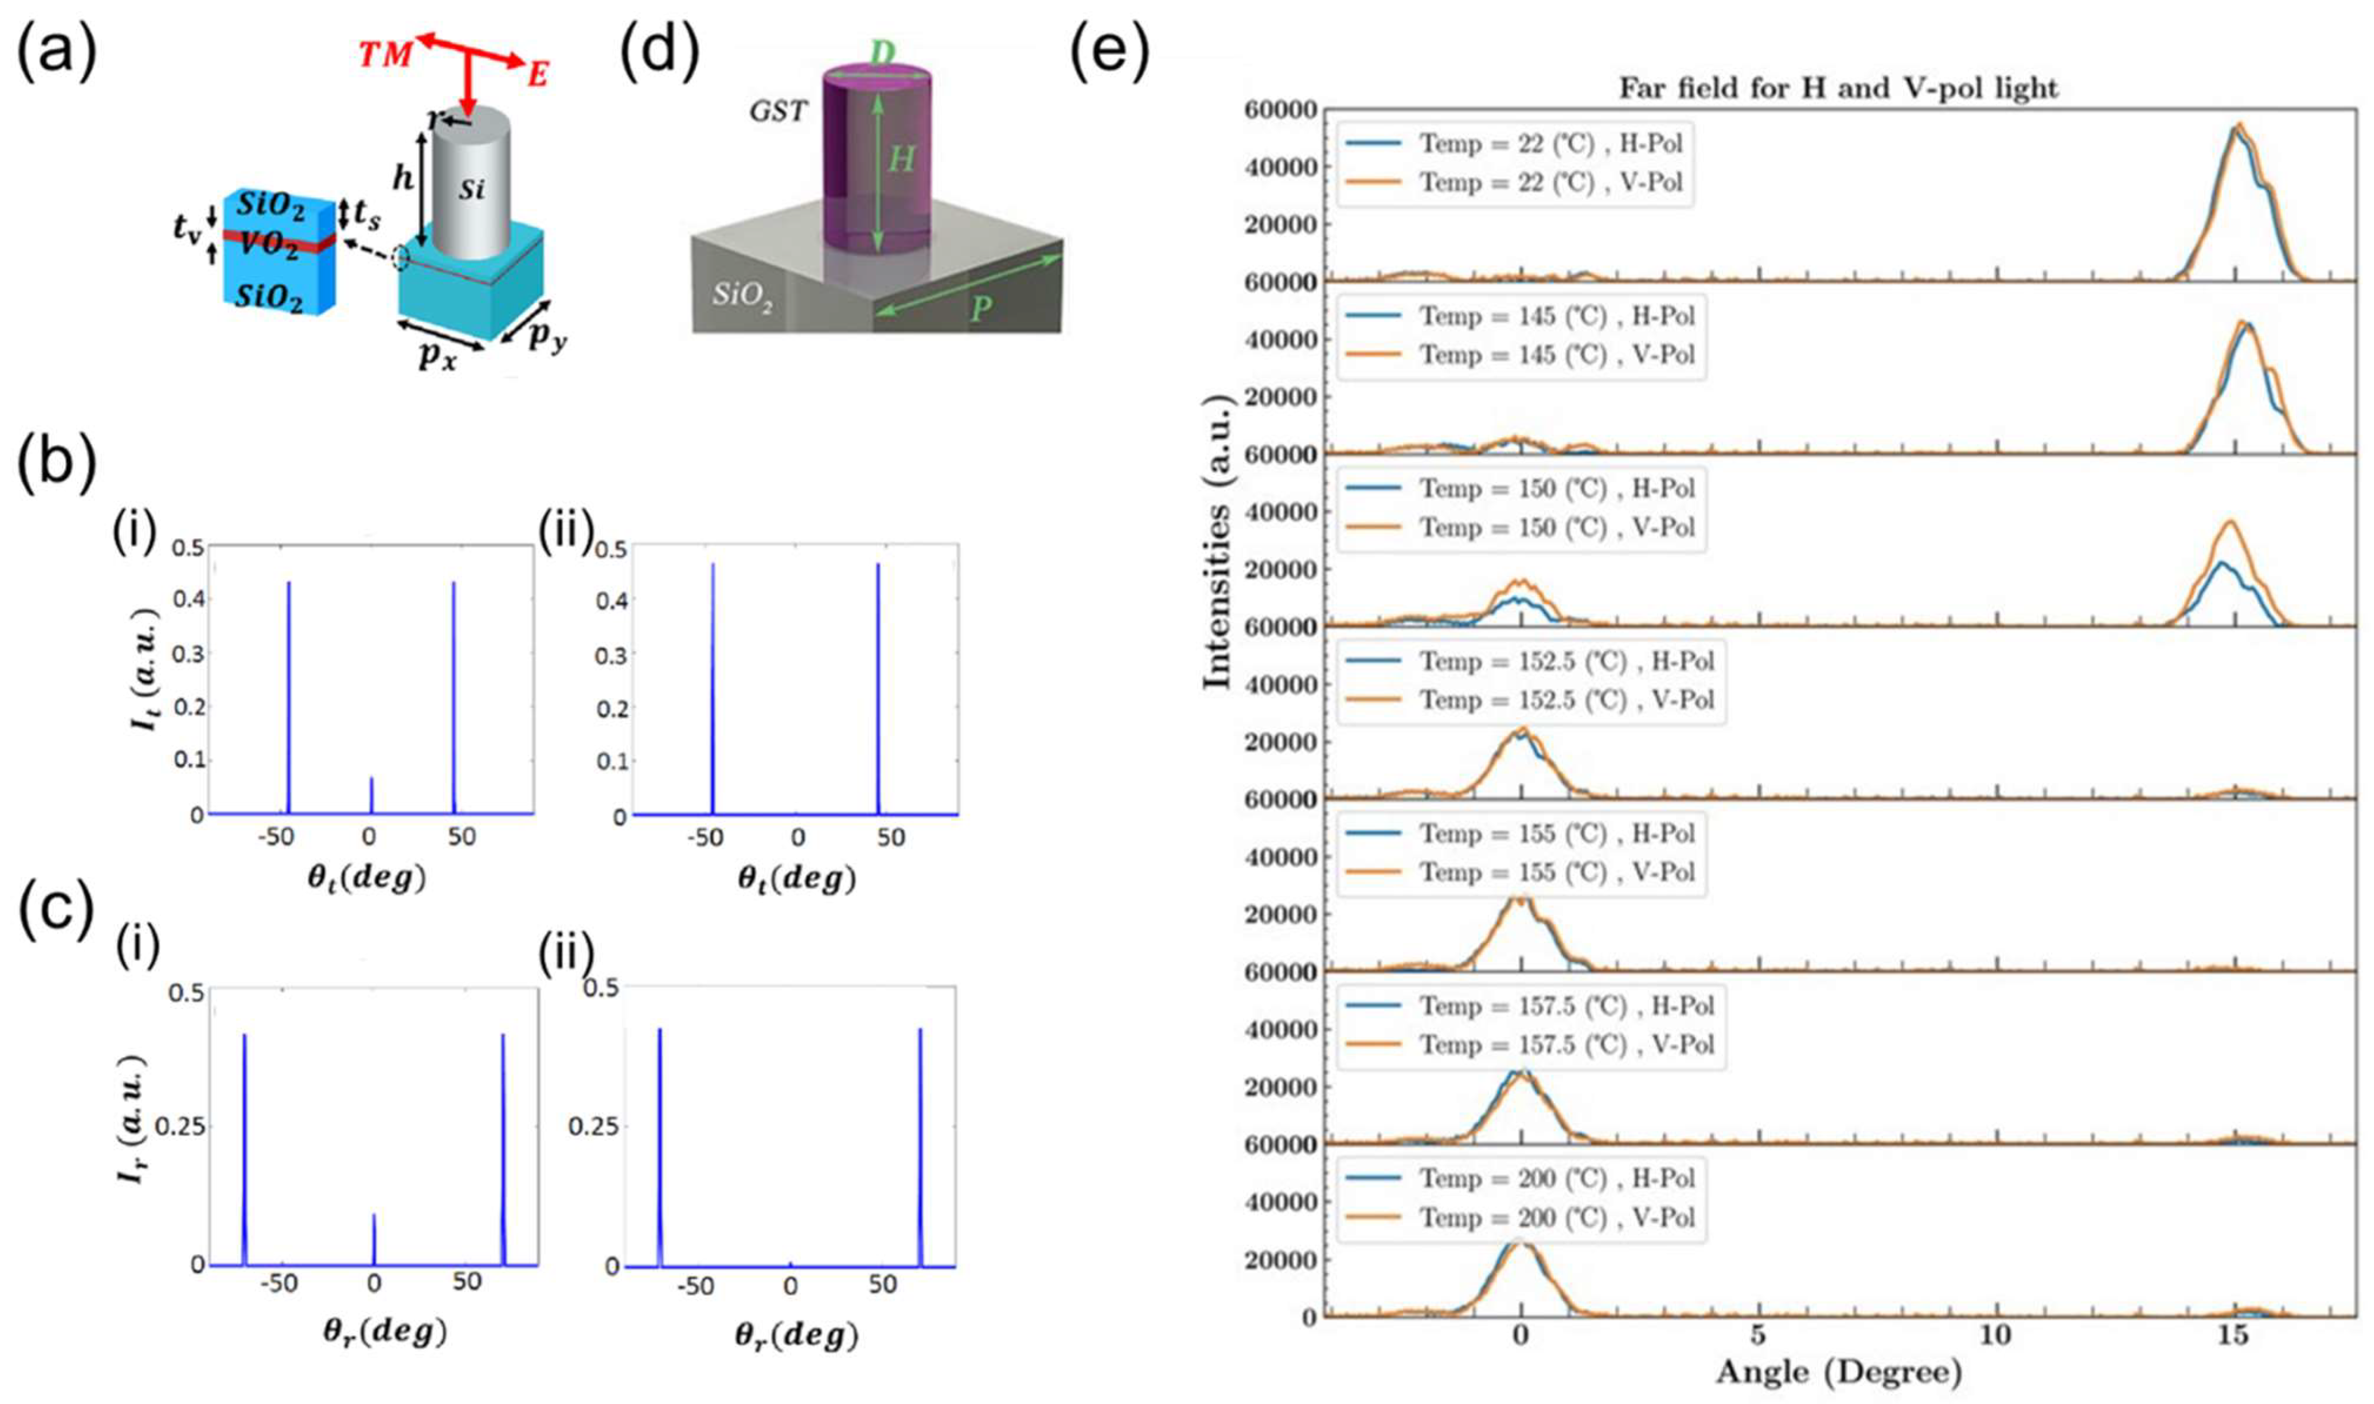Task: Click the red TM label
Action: click(x=385, y=55)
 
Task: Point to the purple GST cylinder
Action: click(x=877, y=161)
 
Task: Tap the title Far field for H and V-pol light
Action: click(x=1838, y=88)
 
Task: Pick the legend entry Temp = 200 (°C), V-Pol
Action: click(x=1556, y=1217)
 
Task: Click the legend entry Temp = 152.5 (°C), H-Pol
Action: click(x=1566, y=661)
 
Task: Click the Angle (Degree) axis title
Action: click(x=1838, y=1371)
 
